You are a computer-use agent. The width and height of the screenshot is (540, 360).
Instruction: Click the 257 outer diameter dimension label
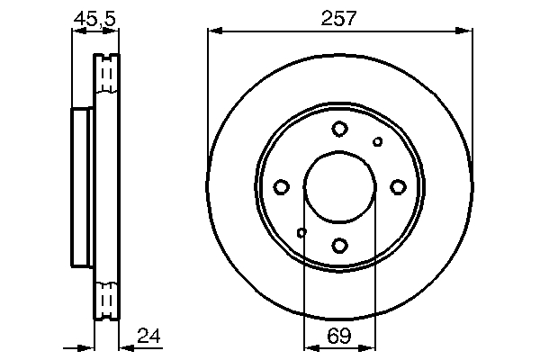pos(339,17)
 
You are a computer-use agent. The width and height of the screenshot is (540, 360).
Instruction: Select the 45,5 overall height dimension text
pos(95,17)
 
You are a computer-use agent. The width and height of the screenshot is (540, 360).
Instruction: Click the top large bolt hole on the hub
pos(339,129)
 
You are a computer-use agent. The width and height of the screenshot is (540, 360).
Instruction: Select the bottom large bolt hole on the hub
pos(339,244)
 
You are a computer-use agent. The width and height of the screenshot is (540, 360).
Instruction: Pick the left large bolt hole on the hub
pos(281,186)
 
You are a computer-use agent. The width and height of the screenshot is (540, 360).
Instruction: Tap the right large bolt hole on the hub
pos(398,186)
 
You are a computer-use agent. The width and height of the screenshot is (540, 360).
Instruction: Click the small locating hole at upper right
pos(378,141)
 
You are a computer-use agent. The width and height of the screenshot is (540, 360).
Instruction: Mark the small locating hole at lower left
pos(301,232)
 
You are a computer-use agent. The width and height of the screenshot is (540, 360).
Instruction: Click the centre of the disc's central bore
pos(339,186)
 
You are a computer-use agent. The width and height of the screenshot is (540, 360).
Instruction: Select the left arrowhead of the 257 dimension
pos(212,31)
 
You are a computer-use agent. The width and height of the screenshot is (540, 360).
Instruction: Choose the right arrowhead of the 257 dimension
pos(466,31)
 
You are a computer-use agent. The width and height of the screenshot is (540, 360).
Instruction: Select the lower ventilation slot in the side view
pos(107,298)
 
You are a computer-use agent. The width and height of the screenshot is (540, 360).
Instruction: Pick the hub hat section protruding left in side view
pos(81,186)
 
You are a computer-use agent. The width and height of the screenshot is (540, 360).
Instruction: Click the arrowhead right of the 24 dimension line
pos(123,347)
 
